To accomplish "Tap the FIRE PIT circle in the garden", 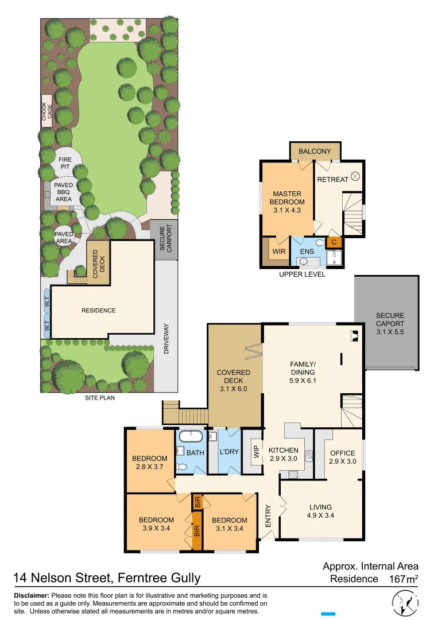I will pyautogui.click(x=64, y=163).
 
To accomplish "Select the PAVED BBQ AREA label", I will pyautogui.click(x=63, y=192).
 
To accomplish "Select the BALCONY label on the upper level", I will pyautogui.click(x=315, y=152).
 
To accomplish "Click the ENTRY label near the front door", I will pyautogui.click(x=268, y=520).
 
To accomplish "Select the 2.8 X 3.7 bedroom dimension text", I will pyautogui.click(x=149, y=467).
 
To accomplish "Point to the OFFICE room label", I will pyautogui.click(x=343, y=453).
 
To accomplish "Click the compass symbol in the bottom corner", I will pyautogui.click(x=406, y=604).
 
